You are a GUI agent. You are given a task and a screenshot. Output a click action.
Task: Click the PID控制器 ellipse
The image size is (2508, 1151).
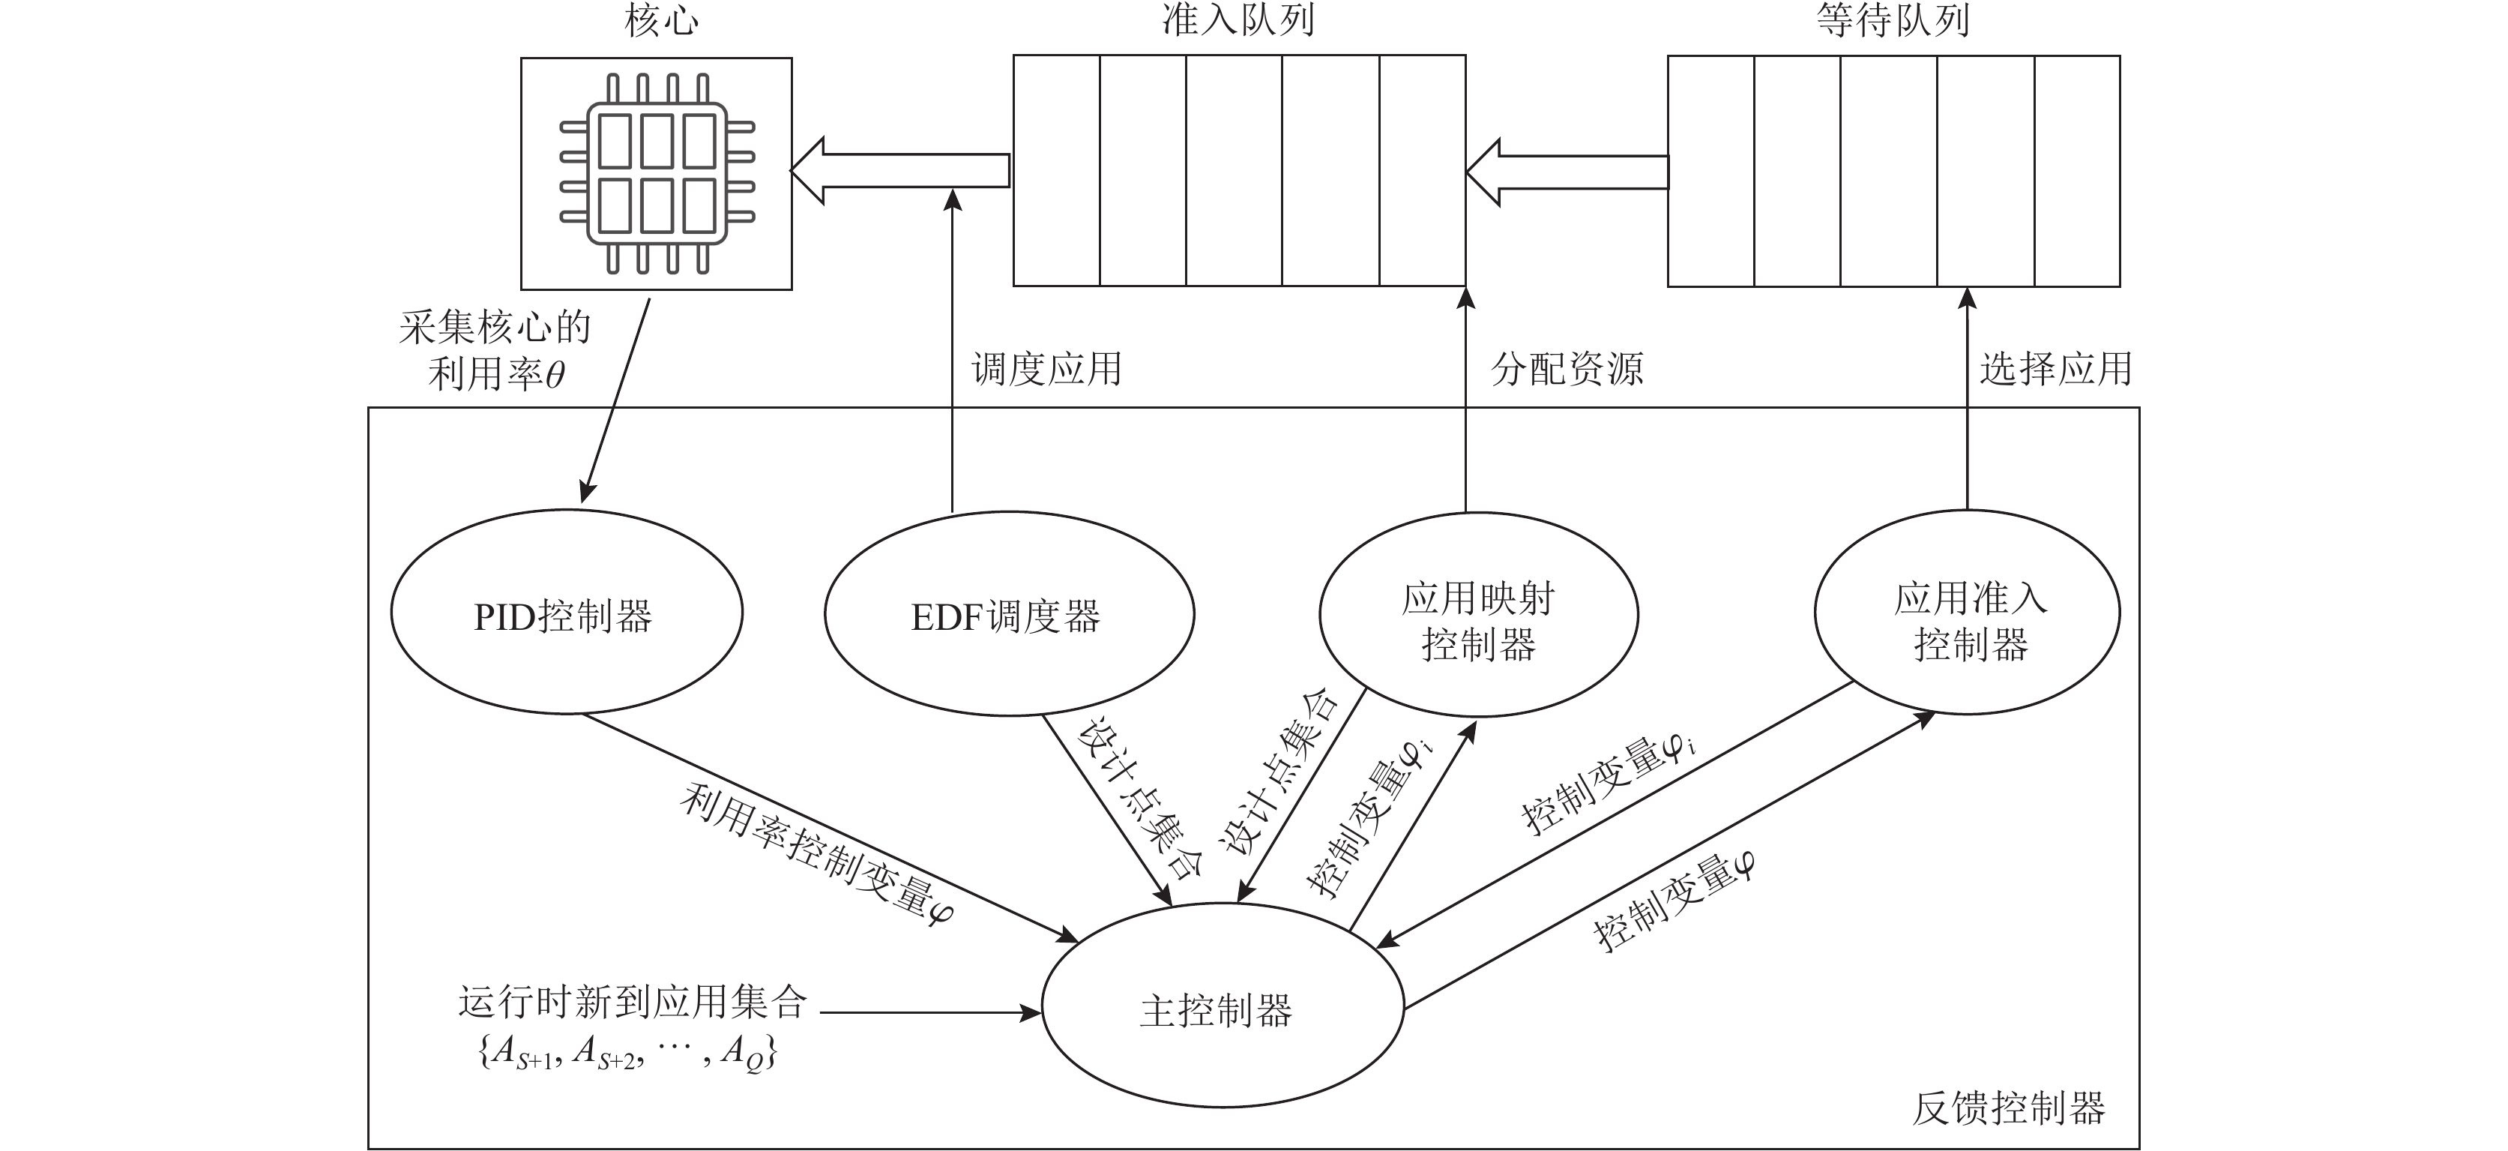566,614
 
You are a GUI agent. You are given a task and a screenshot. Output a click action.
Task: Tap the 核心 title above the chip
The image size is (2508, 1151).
661,22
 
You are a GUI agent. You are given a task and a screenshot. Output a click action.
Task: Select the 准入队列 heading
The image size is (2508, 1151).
1238,22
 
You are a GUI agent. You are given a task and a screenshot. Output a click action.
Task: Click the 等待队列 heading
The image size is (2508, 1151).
1893,22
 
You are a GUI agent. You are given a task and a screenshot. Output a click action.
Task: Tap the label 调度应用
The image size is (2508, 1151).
1046,370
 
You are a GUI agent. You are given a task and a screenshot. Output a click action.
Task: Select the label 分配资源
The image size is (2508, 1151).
1567,370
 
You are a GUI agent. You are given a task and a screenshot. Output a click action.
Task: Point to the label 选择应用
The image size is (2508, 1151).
2055,370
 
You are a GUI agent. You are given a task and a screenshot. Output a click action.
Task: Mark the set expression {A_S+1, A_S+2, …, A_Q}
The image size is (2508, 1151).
628,1053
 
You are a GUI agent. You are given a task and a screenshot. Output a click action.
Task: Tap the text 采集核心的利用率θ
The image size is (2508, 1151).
495,351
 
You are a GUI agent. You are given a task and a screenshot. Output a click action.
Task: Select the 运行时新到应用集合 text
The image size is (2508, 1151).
633,1002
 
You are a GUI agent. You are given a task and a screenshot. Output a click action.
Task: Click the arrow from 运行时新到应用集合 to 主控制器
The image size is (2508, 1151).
929,1014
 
